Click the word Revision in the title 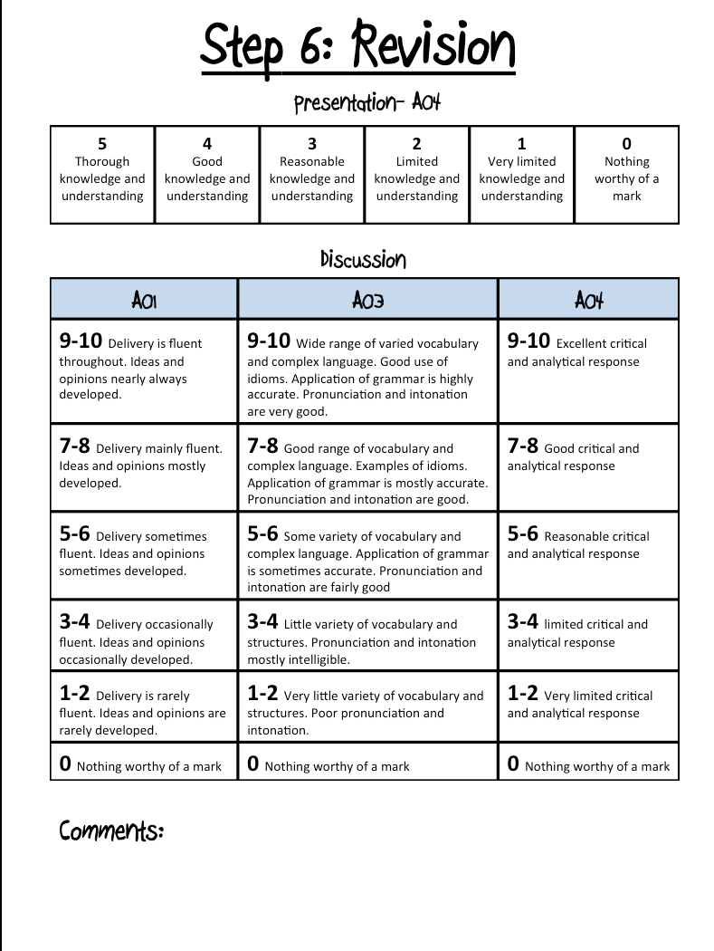tap(433, 45)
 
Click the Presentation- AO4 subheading tap(367, 102)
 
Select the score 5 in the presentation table tap(102, 144)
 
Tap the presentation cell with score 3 tap(312, 174)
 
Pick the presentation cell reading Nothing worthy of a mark tap(626, 174)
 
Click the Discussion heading tap(363, 260)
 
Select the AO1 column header tap(144, 300)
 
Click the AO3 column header tap(367, 300)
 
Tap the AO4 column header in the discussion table tap(588, 300)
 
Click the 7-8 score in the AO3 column tap(262, 447)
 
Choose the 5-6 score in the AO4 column tap(523, 534)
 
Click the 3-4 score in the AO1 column tap(75, 622)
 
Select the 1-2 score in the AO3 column tap(262, 694)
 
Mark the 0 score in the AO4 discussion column tap(513, 764)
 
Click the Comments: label tap(111, 830)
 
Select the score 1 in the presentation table tap(521, 144)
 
